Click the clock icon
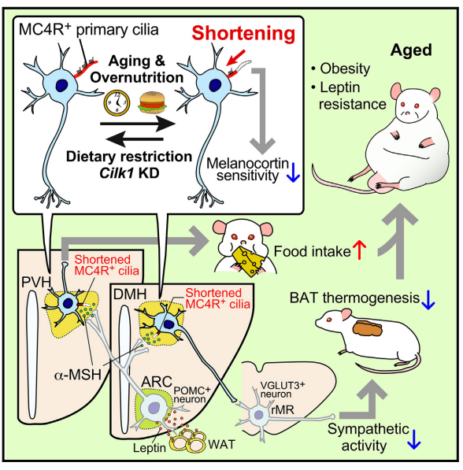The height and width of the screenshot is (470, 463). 117,103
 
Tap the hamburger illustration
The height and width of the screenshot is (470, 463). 152,102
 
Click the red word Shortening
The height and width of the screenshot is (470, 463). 243,33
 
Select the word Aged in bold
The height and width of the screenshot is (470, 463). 411,50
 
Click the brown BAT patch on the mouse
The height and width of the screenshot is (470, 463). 368,328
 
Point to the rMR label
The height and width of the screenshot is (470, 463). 282,409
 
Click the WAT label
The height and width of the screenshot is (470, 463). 221,444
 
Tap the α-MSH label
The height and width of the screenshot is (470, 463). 78,375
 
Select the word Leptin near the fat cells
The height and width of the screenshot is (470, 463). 150,448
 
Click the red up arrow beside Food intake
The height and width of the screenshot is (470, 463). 359,250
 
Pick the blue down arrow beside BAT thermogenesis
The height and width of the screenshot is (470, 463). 428,300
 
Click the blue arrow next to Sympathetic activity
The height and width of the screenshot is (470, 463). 414,439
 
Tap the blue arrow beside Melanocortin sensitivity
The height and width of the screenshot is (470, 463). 293,172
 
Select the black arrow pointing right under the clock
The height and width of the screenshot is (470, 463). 138,123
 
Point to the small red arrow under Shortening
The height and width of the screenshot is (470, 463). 235,57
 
